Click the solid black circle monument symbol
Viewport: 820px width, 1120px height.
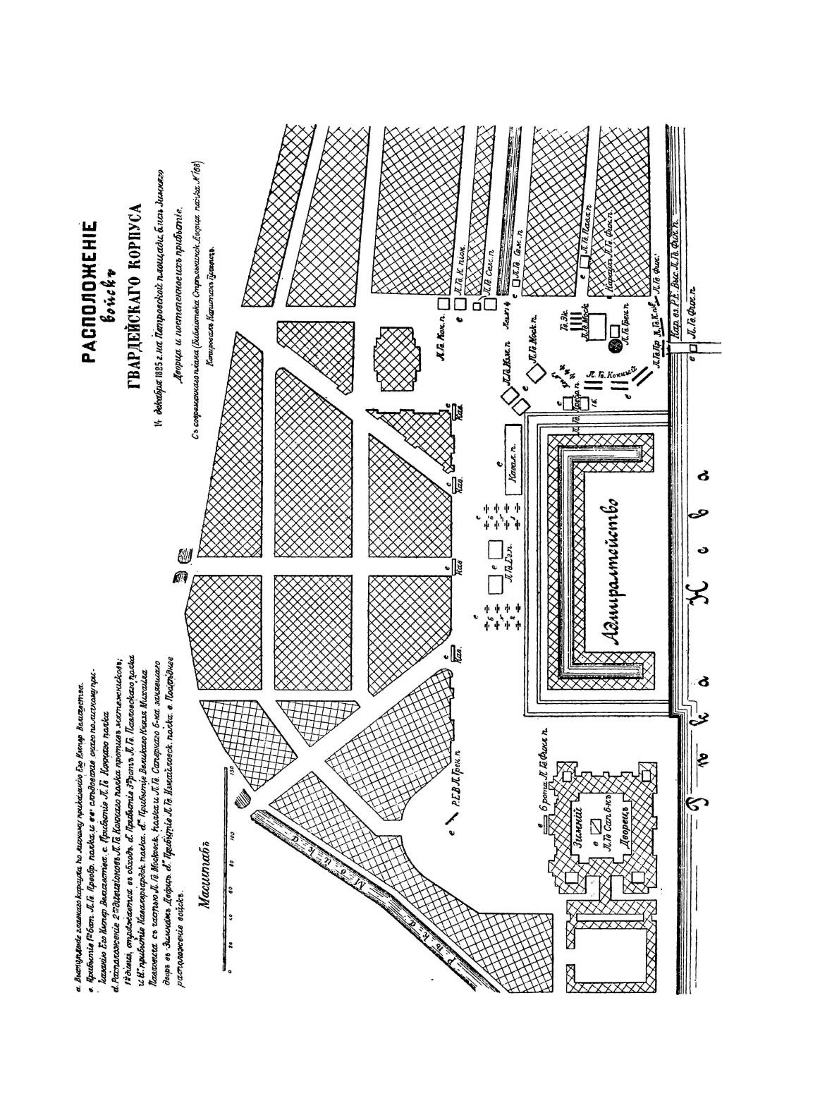(x=613, y=346)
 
